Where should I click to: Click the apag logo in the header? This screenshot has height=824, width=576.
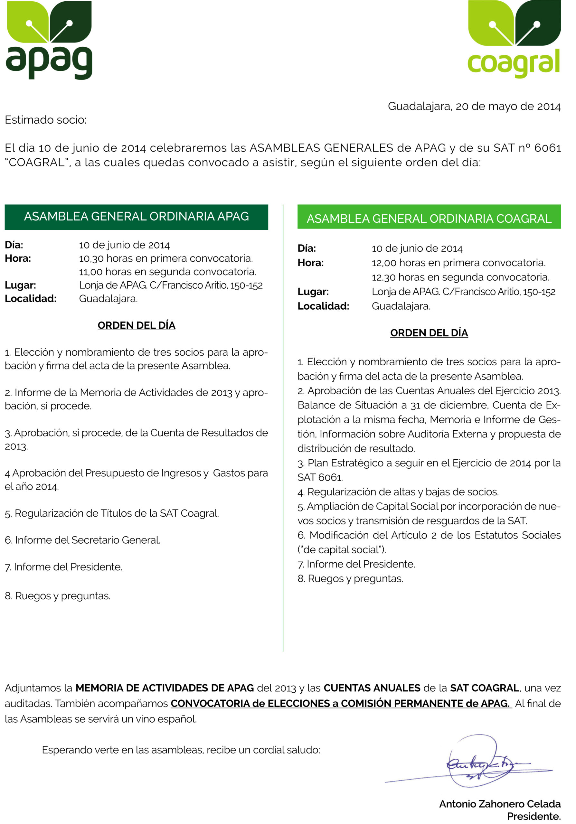[49, 40]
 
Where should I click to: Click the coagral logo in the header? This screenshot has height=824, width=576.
[514, 40]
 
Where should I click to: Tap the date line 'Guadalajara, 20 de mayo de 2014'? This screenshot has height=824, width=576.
[474, 106]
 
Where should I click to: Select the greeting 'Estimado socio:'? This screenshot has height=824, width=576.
[46, 120]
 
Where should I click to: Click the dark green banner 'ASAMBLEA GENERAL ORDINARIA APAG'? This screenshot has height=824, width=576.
[137, 217]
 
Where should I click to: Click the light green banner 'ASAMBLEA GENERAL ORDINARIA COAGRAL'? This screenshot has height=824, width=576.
[429, 218]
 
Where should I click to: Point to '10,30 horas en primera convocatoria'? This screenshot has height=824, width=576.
[166, 258]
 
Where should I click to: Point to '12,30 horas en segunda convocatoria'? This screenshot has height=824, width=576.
[460, 277]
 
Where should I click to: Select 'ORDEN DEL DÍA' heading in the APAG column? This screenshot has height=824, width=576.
[137, 325]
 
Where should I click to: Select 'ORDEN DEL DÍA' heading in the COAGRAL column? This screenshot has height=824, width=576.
[429, 333]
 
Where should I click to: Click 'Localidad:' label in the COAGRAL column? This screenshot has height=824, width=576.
[323, 306]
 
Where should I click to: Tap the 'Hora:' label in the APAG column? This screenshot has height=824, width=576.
[18, 258]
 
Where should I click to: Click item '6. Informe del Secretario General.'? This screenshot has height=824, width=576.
[82, 540]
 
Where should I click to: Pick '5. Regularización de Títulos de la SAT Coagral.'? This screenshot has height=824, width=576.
[112, 513]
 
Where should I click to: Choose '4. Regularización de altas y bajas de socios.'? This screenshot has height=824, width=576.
[398, 492]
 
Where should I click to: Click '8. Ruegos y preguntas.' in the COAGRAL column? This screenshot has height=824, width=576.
[350, 578]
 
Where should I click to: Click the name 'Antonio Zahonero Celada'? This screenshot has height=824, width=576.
[500, 804]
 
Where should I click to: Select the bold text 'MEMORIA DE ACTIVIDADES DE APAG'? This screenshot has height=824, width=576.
[165, 688]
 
